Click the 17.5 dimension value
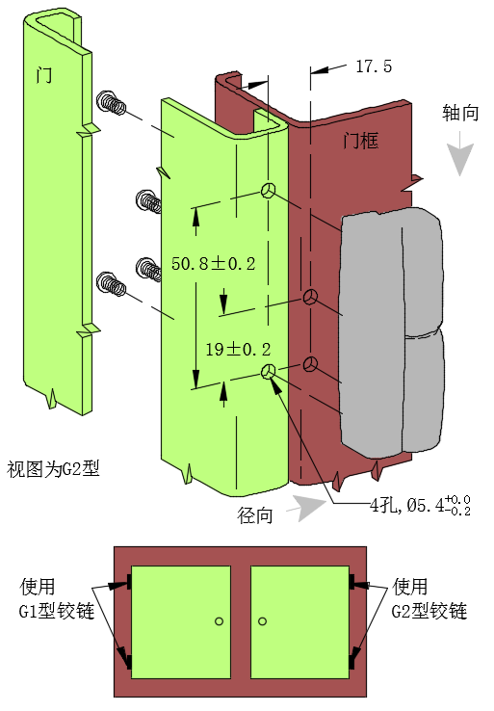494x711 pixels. click(374, 66)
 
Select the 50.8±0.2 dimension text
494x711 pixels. click(214, 263)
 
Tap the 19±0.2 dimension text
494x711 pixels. click(239, 349)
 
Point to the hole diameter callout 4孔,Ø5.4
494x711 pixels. click(420, 505)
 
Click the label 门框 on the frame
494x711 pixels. click(360, 141)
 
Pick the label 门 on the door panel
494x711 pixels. click(44, 75)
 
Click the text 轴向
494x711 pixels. click(460, 113)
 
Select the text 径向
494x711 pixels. click(255, 515)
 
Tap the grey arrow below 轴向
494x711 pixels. click(460, 153)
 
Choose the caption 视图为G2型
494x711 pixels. click(53, 468)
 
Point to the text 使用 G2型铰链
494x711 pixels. click(429, 598)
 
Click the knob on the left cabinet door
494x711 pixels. click(219, 621)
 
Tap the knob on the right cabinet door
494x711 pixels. click(262, 621)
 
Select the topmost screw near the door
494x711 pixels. click(111, 102)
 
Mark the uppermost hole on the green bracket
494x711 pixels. click(268, 191)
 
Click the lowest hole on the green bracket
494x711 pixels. click(269, 371)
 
